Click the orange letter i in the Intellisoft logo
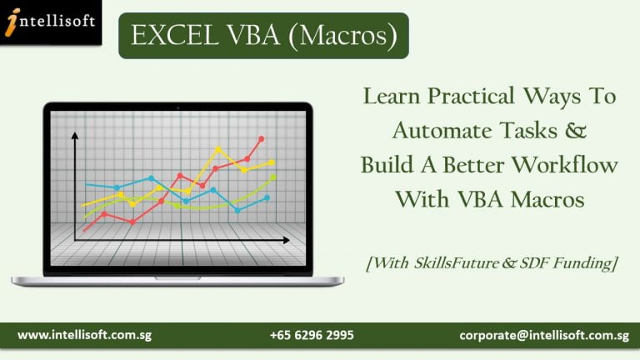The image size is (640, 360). tap(13, 22)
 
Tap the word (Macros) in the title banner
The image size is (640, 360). tap(342, 36)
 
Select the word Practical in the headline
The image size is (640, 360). tap(471, 97)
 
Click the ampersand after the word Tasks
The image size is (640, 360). tap(576, 131)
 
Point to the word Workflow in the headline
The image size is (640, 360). tap(565, 165)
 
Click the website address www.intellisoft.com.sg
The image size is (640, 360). tap(84, 335)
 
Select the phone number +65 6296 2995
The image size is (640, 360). tap(312, 335)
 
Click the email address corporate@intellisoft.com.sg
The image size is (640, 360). tap(544, 336)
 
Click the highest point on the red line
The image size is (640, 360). tap(261, 139)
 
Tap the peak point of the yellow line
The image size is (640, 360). tap(218, 150)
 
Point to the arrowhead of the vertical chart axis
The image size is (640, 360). tap(75, 136)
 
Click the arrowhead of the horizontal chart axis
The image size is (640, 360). tap(287, 240)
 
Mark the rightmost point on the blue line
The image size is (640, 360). tap(267, 198)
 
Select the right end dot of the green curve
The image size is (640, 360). tap(273, 177)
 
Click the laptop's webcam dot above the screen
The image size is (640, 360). tap(178, 108)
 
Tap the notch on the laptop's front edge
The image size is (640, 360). tap(177, 278)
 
